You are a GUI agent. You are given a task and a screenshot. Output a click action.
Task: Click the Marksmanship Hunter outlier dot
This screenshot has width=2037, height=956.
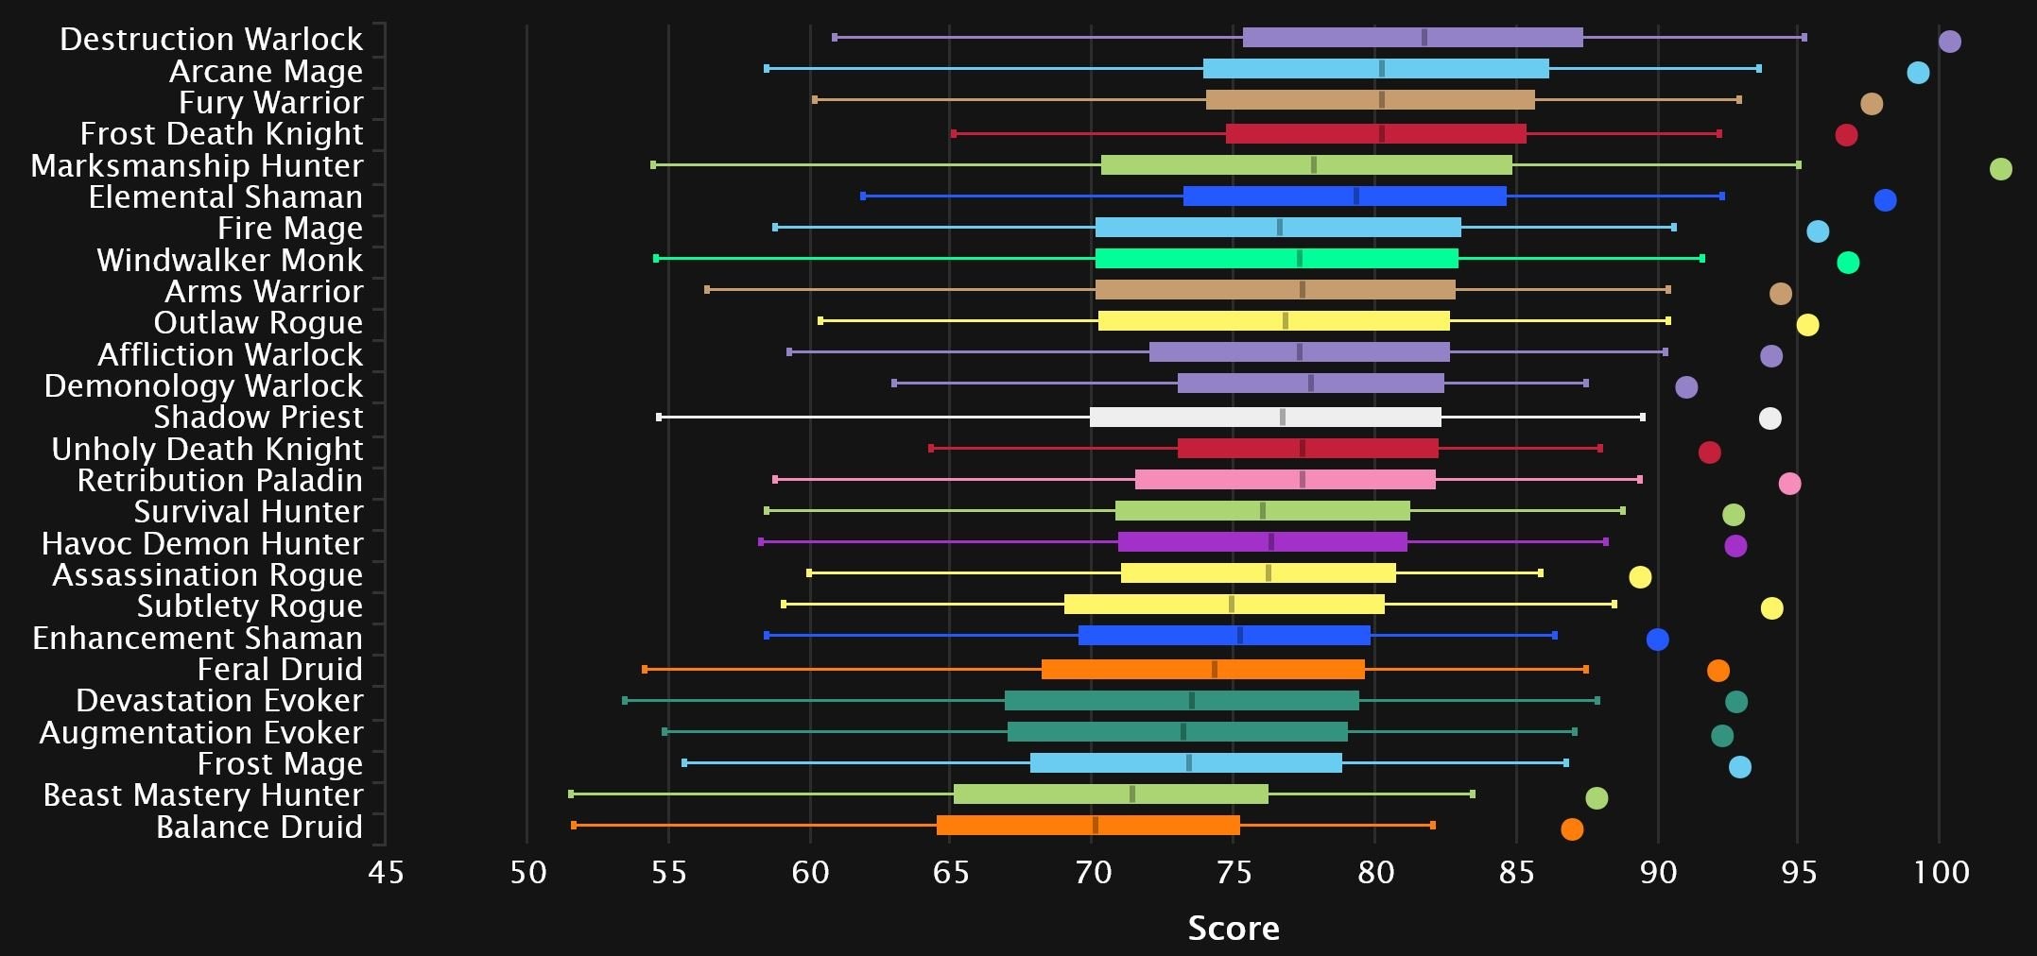[2000, 169]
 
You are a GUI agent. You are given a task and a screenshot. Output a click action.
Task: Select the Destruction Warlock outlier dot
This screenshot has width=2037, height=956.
[1949, 42]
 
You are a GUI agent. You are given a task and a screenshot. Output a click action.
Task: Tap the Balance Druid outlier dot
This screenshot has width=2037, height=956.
[1572, 829]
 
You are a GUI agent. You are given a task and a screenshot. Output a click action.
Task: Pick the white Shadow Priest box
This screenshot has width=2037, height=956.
[1265, 417]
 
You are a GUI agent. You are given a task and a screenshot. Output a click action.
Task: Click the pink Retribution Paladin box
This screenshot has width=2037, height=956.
[1285, 480]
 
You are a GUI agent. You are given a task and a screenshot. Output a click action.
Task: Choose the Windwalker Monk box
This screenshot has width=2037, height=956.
[1276, 259]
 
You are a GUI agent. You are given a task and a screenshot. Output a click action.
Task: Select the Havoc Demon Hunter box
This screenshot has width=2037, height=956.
[1262, 542]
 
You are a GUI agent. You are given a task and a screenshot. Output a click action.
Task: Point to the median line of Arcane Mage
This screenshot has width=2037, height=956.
[1382, 69]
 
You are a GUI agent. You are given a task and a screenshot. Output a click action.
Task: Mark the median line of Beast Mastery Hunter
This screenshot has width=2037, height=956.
[1132, 794]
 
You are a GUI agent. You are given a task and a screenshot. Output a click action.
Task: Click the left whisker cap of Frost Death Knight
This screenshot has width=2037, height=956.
[953, 134]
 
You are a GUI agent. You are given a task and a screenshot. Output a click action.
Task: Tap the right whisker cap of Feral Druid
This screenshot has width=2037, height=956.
[1585, 670]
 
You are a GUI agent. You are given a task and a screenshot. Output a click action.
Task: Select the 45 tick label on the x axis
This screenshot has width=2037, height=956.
[386, 872]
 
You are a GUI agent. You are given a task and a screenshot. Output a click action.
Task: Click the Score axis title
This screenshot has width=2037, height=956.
[1234, 929]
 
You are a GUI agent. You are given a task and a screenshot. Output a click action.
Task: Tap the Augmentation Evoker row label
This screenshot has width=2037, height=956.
[200, 732]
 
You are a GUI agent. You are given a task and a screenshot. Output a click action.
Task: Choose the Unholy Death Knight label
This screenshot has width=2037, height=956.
[207, 449]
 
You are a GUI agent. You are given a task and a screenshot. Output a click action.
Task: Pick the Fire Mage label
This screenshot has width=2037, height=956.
[289, 228]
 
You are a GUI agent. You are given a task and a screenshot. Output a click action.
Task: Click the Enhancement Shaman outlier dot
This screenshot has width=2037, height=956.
[1657, 640]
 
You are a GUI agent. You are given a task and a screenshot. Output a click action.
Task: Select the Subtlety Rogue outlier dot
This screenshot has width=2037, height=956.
[1771, 608]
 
